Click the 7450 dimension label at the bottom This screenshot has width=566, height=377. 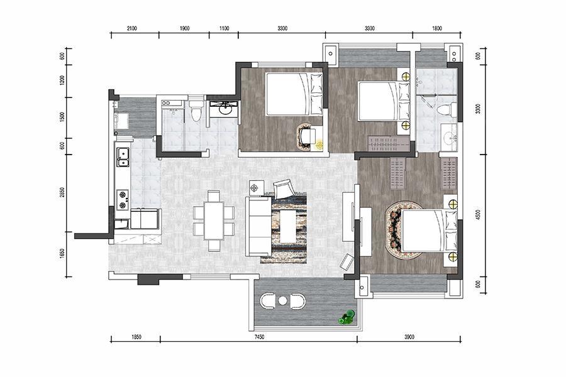click(x=259, y=337)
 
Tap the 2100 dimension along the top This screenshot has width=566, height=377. click(x=132, y=28)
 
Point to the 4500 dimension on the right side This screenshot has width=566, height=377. click(x=479, y=215)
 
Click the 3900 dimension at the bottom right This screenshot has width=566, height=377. click(x=409, y=337)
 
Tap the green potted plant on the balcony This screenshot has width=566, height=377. click(x=347, y=317)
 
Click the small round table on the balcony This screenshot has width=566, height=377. click(x=282, y=300)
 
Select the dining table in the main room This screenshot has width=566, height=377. click(x=214, y=221)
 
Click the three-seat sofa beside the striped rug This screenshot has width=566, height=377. click(x=258, y=226)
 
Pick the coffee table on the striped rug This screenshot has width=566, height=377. click(x=289, y=227)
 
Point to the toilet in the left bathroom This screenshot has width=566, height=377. click(x=196, y=110)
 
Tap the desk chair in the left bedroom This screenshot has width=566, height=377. click(x=308, y=136)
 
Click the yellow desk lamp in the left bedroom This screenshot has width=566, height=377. click(x=319, y=145)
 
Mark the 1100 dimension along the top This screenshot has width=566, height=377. click(x=224, y=28)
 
